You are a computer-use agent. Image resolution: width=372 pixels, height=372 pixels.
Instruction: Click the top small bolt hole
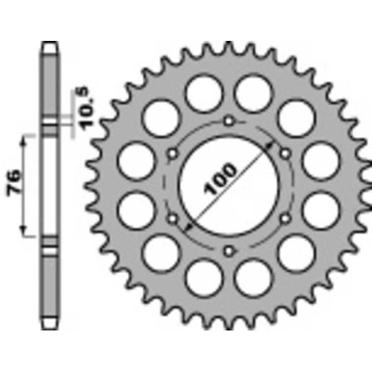coord(229,121)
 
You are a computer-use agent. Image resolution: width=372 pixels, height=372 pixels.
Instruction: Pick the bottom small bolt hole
coord(229,250)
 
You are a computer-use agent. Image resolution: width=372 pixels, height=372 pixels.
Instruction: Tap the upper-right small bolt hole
coord(285,153)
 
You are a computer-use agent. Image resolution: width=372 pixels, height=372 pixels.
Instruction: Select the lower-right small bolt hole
coord(285,218)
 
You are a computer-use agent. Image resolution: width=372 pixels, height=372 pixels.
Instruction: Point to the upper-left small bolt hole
coord(173,153)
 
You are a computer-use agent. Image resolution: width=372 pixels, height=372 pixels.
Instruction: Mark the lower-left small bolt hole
coord(173,218)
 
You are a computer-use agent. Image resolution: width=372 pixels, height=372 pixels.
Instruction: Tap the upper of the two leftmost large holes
coord(135,159)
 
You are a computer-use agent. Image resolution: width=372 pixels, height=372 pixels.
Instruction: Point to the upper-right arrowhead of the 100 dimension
coord(271,144)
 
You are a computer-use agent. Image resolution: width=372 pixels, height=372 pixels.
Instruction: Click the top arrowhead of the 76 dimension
coord(25,139)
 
